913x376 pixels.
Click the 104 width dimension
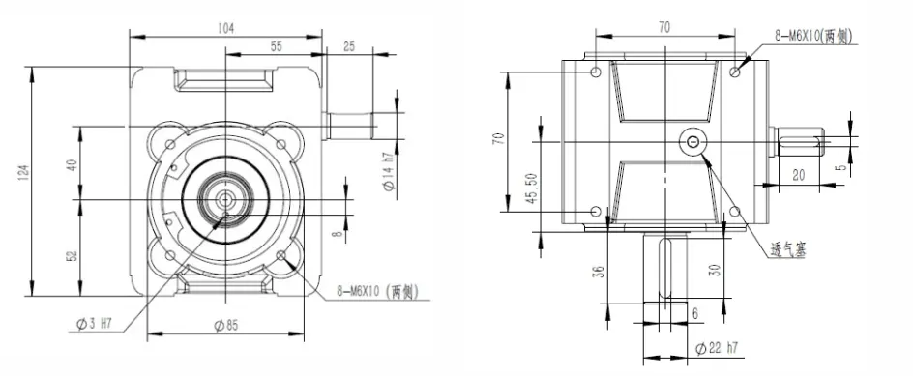click(226, 29)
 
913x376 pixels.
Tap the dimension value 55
click(276, 45)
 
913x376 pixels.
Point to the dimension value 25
click(349, 45)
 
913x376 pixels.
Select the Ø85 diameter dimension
click(225, 324)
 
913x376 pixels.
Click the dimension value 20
click(799, 174)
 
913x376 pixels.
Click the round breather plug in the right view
click(693, 142)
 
